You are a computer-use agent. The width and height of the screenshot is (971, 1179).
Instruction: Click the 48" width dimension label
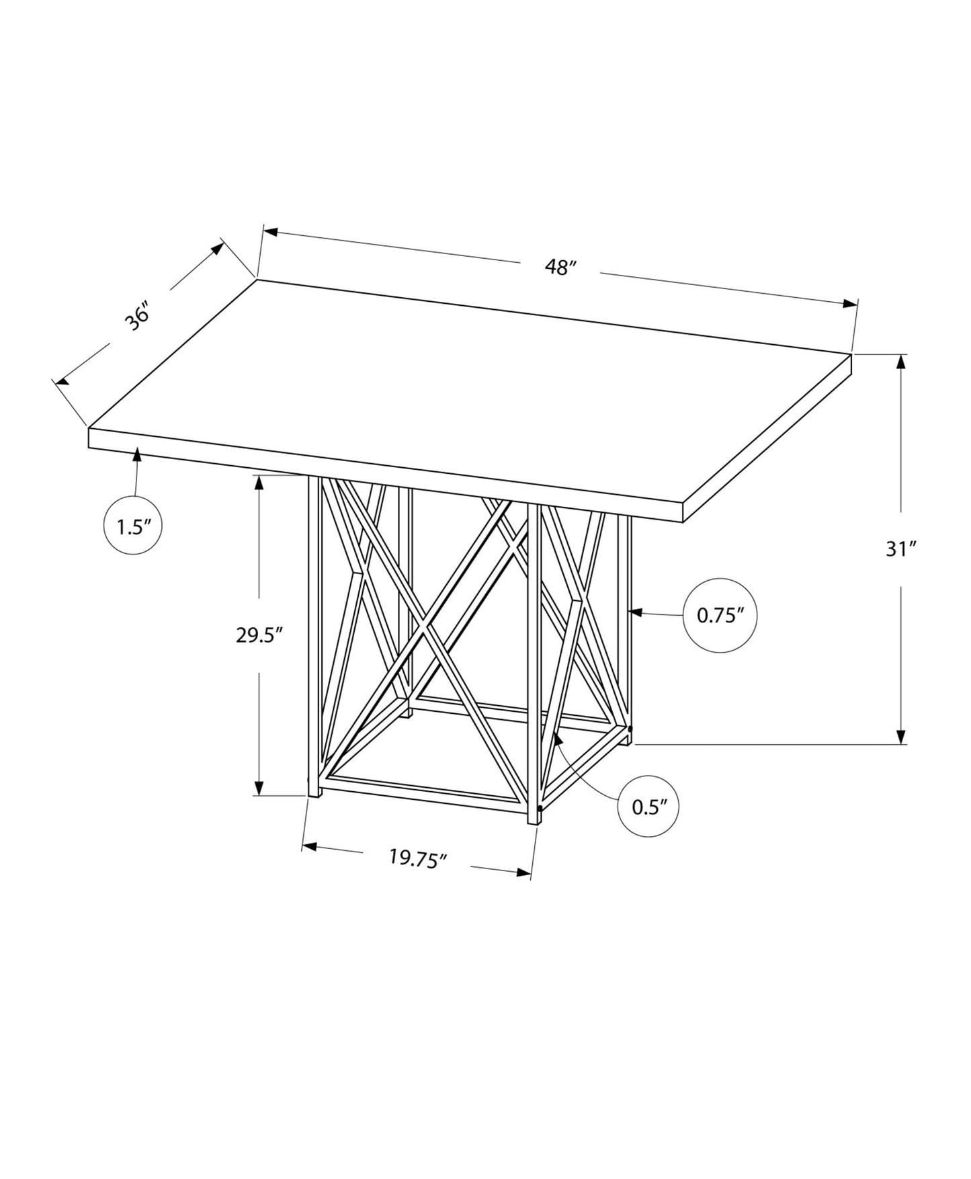tap(561, 267)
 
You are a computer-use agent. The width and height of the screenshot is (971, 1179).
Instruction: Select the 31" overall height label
tap(901, 549)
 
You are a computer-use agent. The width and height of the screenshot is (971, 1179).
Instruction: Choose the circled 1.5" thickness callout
tap(133, 526)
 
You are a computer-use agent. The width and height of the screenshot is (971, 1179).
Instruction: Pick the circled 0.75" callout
tap(720, 615)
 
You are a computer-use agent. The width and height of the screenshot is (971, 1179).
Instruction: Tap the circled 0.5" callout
tap(648, 807)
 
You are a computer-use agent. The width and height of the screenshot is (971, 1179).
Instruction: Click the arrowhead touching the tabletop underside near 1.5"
tap(138, 454)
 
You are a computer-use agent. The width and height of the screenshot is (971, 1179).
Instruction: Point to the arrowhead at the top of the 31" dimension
tap(901, 362)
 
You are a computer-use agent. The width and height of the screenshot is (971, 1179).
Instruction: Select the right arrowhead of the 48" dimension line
tap(850, 304)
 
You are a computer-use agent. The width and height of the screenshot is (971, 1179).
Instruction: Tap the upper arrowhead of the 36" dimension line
tap(218, 248)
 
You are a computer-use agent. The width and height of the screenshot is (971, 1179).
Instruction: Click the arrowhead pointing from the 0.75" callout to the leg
tap(636, 612)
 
